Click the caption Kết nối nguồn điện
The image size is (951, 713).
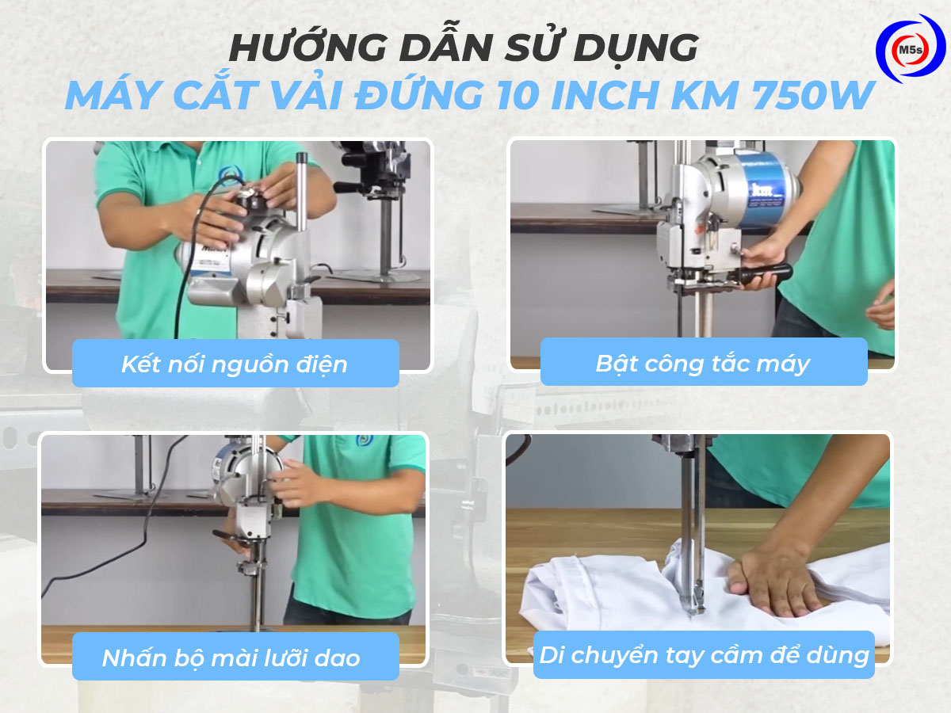pyautogui.click(x=235, y=364)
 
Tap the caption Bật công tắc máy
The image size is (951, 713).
pyautogui.click(x=703, y=364)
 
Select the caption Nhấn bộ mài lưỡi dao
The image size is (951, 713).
pyautogui.click(x=231, y=657)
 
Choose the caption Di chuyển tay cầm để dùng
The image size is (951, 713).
pyautogui.click(x=704, y=655)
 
